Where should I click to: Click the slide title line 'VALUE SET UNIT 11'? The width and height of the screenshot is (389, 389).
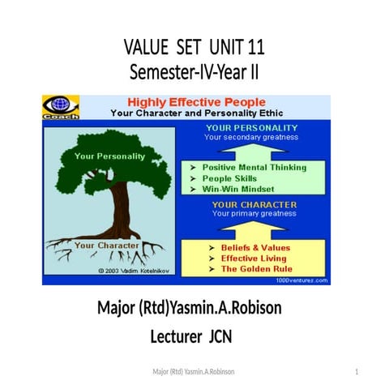pyautogui.click(x=194, y=49)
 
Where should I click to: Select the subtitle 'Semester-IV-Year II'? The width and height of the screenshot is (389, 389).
pyautogui.click(x=194, y=72)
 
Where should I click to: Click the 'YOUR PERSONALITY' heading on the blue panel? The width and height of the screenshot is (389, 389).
pyautogui.click(x=250, y=127)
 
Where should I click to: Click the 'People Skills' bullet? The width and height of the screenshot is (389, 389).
pyautogui.click(x=229, y=177)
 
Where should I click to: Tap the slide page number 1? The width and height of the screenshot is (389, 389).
pyautogui.click(x=357, y=371)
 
